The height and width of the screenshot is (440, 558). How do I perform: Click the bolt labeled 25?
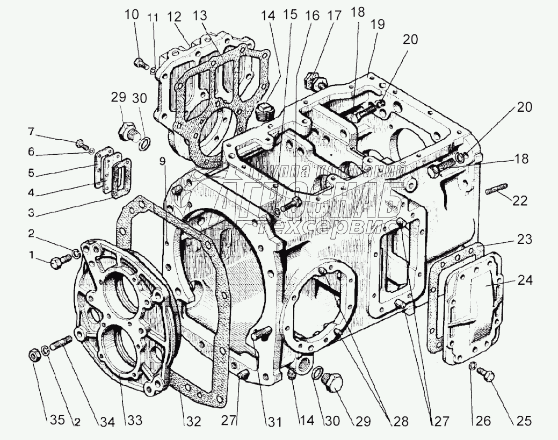tap(489, 376)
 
